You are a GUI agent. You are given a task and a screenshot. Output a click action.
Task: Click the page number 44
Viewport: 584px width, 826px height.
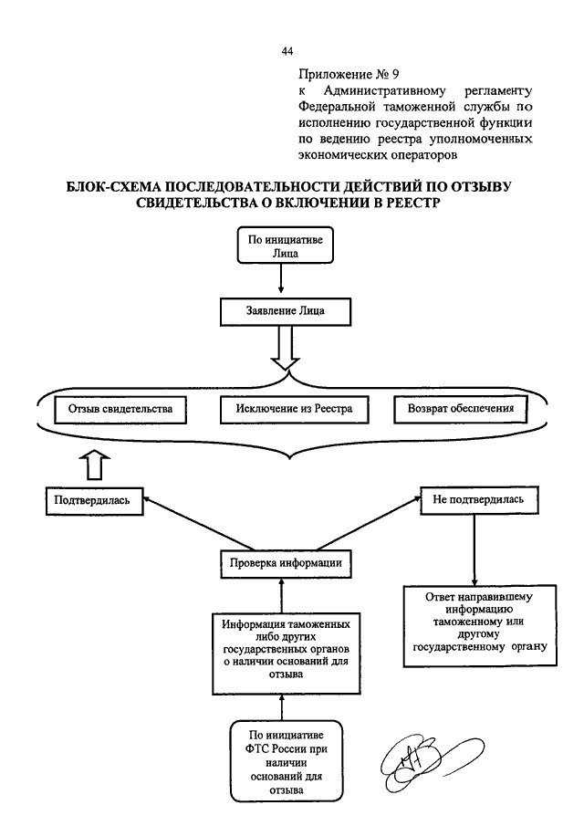coord(287,51)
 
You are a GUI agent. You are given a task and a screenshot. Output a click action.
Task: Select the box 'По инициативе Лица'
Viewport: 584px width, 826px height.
coord(286,245)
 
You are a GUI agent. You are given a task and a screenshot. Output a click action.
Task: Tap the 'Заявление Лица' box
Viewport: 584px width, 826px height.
coord(286,312)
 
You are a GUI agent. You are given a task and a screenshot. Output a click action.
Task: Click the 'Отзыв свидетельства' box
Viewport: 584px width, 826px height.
coord(120,409)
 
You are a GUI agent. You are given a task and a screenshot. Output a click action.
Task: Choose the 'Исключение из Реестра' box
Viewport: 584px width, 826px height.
coord(295,409)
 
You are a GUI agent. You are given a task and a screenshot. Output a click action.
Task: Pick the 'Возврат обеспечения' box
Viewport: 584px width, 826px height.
coord(461,409)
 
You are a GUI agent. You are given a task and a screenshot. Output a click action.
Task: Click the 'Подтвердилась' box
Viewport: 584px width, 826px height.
coord(94,500)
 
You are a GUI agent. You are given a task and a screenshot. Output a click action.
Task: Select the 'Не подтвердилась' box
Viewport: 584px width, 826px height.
coord(479,500)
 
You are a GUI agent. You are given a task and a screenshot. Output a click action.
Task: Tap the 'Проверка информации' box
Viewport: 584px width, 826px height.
coord(286,564)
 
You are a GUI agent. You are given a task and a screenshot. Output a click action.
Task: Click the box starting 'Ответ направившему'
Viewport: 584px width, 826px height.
coord(480,625)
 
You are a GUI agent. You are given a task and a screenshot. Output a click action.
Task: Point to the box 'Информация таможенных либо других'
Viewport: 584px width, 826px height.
coord(287,653)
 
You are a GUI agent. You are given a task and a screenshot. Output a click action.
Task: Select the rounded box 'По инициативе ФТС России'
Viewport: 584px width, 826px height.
coord(287,762)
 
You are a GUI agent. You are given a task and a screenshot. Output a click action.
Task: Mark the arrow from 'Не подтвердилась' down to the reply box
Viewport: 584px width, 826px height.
coord(474,549)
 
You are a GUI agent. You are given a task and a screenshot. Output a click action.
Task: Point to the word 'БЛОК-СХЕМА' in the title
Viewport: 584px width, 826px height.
coord(112,187)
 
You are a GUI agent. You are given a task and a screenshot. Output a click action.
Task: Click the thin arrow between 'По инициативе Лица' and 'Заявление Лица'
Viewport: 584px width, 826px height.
coord(281,278)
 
